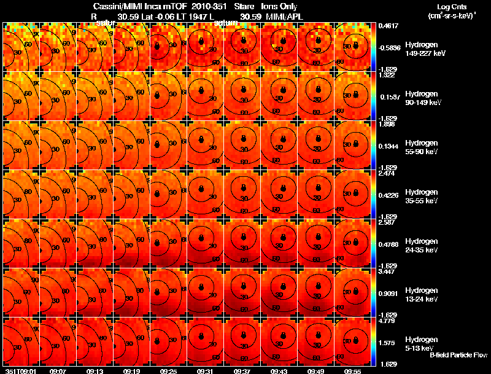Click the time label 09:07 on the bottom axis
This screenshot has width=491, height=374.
[x=58, y=371]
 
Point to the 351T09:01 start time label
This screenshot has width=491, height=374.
[x=21, y=371]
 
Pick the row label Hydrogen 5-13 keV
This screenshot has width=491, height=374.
[x=421, y=343]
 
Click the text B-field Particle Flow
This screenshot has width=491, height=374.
[x=458, y=355]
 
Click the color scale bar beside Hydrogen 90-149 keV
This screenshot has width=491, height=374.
[x=374, y=95]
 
